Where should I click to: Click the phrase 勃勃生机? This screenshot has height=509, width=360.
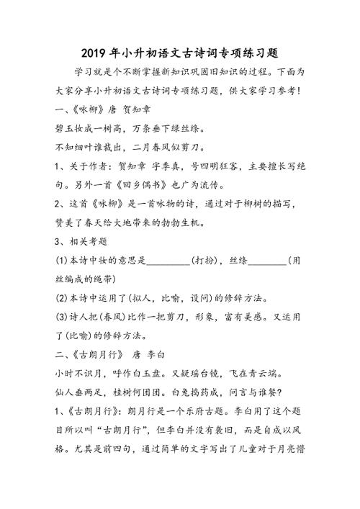[x=204, y=222]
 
